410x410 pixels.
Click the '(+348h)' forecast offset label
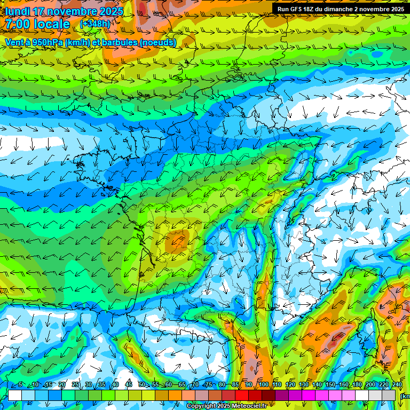tap(95, 23)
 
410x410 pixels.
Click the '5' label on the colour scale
tap(20, 385)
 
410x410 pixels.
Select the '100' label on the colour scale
tap(263, 385)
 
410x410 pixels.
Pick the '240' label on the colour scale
tap(397, 385)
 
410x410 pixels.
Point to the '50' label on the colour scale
tap(141, 385)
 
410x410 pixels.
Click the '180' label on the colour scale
tap(357, 385)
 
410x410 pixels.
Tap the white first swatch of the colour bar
tap(15, 395)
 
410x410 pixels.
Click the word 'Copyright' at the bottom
tap(201, 406)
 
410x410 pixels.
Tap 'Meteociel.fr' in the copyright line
tap(249, 406)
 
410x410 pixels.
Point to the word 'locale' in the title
tap(51, 24)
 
